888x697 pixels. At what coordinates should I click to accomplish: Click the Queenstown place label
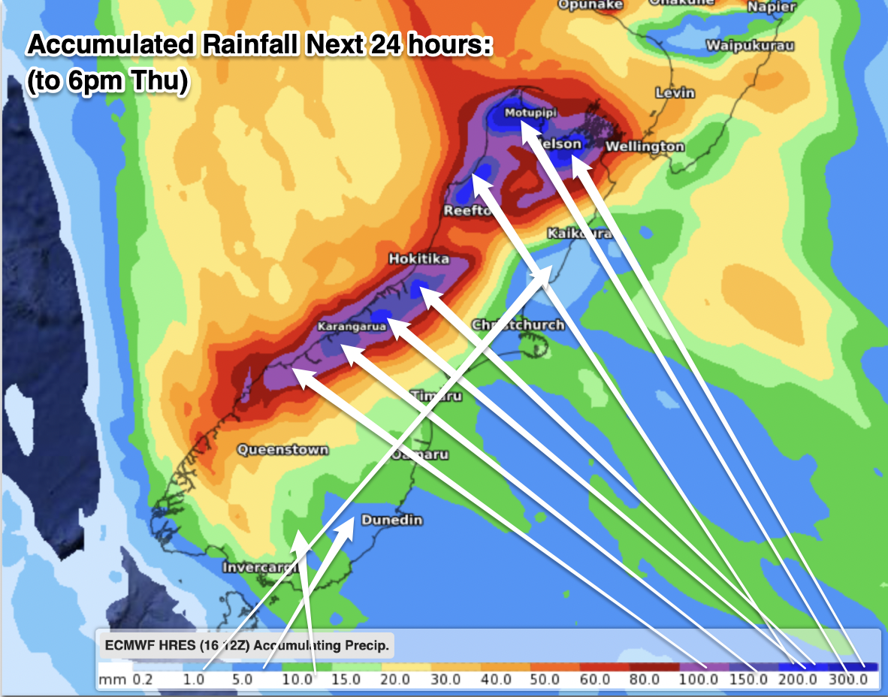click(x=283, y=450)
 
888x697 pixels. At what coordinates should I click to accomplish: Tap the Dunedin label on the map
click(x=392, y=520)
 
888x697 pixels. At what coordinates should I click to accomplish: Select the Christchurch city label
click(x=518, y=325)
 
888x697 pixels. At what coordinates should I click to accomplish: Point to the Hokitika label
click(x=418, y=259)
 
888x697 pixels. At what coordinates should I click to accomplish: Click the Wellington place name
click(x=645, y=146)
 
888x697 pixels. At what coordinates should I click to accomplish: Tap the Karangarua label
click(x=352, y=327)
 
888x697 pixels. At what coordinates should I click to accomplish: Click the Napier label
click(x=772, y=7)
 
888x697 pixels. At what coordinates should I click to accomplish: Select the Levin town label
click(x=675, y=93)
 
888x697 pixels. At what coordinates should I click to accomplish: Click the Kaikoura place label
click(x=578, y=234)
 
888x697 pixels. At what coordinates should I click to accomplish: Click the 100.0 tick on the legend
click(x=699, y=680)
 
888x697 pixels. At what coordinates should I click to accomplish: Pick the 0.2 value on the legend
click(x=142, y=680)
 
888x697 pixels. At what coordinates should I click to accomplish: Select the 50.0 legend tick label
click(x=545, y=680)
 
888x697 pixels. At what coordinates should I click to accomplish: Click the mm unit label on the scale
click(x=109, y=680)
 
